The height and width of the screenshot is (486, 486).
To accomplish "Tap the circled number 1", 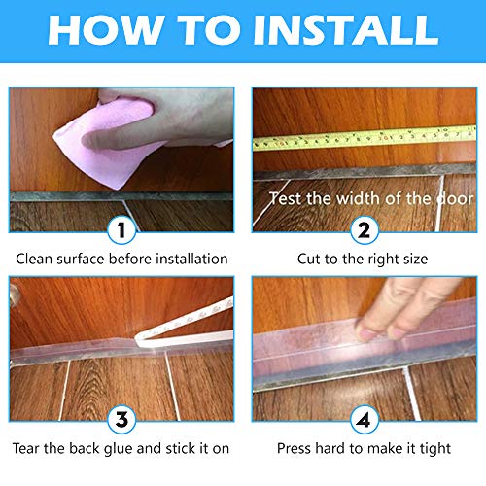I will (121, 232).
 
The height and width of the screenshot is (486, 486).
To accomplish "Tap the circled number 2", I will (364, 232).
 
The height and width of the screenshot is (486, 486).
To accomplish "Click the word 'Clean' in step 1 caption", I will (36, 260).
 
